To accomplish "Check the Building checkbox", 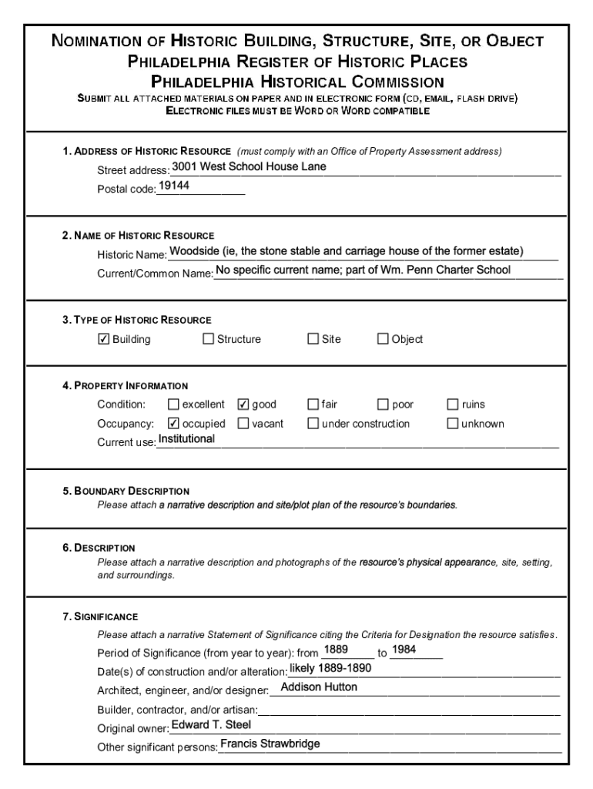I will [104, 339].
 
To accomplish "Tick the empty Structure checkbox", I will [208, 339].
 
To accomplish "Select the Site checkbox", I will [313, 339].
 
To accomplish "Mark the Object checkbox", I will [383, 339].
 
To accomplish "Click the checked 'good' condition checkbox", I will [243, 405].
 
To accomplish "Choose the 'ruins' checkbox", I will [453, 405].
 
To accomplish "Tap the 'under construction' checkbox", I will [313, 423].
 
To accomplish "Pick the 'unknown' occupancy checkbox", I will [453, 423].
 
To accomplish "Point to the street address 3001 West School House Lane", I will [249, 166].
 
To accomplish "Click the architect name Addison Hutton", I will [319, 687].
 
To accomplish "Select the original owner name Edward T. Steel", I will [211, 725].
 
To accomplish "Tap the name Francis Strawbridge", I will [270, 744].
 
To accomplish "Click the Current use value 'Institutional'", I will [186, 439].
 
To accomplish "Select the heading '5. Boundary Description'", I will [126, 491].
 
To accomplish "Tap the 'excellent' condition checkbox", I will [173, 405].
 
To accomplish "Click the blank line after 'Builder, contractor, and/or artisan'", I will [408, 709].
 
